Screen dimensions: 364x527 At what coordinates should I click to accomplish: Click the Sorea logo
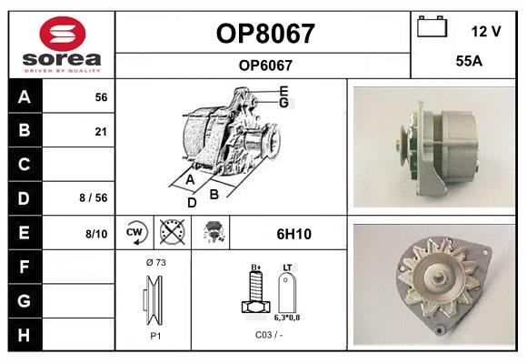point(62,45)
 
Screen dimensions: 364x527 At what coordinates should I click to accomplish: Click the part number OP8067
point(264,34)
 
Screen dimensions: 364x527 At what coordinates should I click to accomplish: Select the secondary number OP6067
point(264,65)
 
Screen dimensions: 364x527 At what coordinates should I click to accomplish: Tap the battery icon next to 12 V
point(431,28)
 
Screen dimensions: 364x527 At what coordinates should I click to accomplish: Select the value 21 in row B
point(101,132)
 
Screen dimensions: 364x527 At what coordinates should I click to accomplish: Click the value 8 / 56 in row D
point(94,197)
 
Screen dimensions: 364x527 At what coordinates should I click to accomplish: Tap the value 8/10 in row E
point(96,234)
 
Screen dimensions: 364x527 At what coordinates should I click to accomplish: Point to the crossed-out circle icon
point(169,233)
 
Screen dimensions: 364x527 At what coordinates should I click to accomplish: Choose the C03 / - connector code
point(268,335)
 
